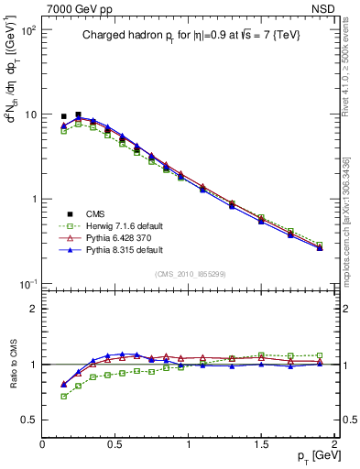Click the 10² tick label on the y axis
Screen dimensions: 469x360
coord(27,31)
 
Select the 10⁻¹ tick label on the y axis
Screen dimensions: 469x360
coord(27,285)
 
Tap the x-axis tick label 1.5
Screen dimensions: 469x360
coord(261,444)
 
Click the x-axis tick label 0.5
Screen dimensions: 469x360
coord(115,444)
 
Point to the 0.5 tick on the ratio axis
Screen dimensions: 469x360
coord(30,420)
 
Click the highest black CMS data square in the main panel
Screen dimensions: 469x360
coord(78,115)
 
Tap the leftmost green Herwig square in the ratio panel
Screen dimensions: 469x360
coord(63,397)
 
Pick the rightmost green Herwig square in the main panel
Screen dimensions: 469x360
coord(320,245)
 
